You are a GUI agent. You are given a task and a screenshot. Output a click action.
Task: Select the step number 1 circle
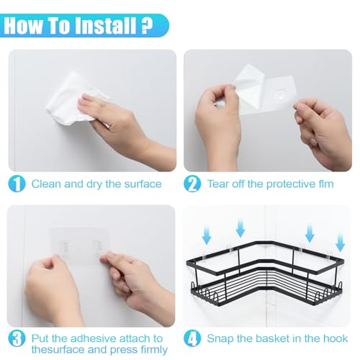pyautogui.click(x=17, y=184)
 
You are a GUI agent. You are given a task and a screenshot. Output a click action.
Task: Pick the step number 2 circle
pyautogui.click(x=192, y=184)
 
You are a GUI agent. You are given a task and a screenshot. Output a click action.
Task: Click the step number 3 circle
pyautogui.click(x=17, y=338)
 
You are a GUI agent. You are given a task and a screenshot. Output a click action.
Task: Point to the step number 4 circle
pyautogui.click(x=192, y=338)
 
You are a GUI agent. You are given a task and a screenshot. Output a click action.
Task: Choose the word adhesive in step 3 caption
pyautogui.click(x=88, y=338)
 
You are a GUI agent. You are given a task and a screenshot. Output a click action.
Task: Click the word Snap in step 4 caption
pyautogui.click(x=221, y=338)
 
